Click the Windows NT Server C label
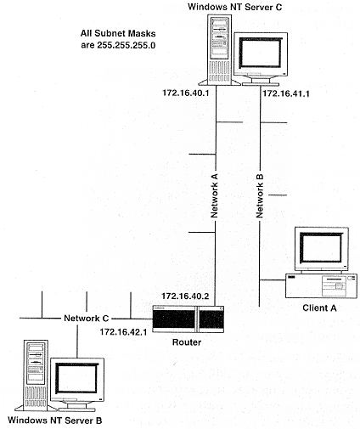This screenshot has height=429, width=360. coord(234,7)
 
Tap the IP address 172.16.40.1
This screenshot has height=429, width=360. coord(185,93)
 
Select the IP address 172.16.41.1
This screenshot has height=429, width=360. coord(286,93)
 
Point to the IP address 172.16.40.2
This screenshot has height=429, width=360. coord(185,296)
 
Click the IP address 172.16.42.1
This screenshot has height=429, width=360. coord(123,332)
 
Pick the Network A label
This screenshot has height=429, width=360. coord(214,195)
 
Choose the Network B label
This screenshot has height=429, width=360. coord(260,196)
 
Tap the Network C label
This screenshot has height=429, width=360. coord(87,318)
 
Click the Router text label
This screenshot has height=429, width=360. coord(187,342)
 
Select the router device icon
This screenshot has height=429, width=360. coord(188,319)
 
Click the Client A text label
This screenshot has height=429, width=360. coord(319,308)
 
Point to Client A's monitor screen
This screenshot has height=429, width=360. coord(322,248)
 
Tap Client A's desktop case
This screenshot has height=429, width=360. coord(321,285)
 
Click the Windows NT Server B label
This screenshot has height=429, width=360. coord(55,420)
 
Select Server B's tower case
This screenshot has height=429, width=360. coord(36,375)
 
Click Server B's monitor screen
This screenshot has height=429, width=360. coord(76,378)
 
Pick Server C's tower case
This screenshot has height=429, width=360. coord(219,50)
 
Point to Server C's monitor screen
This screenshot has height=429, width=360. coord(261,54)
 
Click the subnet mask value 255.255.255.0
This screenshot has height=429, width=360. coord(127,45)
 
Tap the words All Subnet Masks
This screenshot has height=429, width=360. coord(118,33)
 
